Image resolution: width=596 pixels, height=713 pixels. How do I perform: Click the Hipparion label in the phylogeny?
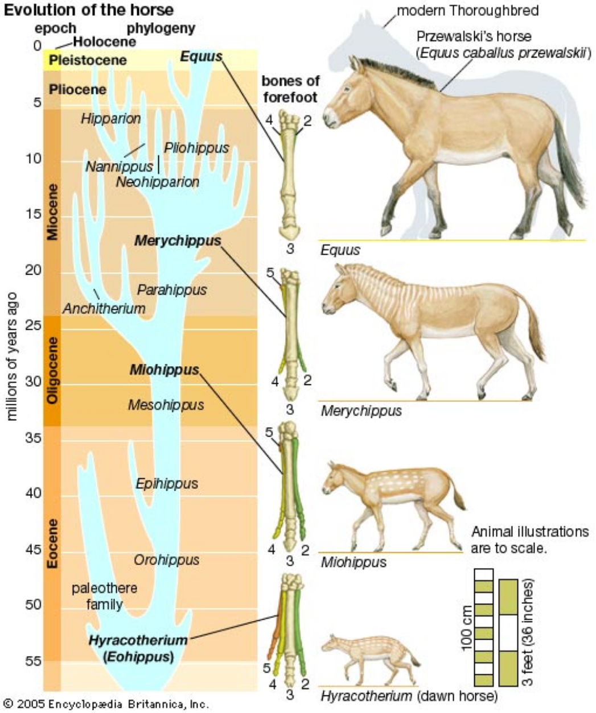click(111, 119)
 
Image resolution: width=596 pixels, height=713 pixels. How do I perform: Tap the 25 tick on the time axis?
click(33, 325)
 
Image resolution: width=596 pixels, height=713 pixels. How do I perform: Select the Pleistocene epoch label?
click(88, 60)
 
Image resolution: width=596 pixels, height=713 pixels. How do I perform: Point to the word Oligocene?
click(52, 371)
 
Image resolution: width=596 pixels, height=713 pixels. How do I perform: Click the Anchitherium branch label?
click(104, 309)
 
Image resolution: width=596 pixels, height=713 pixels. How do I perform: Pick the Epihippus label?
click(167, 483)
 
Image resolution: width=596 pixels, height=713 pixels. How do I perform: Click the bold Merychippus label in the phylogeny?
click(178, 241)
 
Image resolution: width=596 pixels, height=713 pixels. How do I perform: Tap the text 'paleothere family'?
click(104, 596)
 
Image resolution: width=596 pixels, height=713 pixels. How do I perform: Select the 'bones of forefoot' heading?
click(290, 89)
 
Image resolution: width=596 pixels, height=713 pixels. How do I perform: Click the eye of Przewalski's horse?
click(348, 89)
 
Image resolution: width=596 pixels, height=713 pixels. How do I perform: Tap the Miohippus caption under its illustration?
click(354, 562)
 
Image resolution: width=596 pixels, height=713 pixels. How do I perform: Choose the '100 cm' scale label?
click(467, 628)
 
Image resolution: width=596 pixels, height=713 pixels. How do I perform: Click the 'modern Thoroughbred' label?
click(468, 11)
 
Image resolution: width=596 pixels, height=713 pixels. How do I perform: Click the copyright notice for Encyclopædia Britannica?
click(106, 704)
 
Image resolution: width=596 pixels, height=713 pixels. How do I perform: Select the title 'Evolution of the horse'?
click(89, 10)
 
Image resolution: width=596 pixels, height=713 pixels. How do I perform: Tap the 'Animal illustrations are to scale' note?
click(530, 540)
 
